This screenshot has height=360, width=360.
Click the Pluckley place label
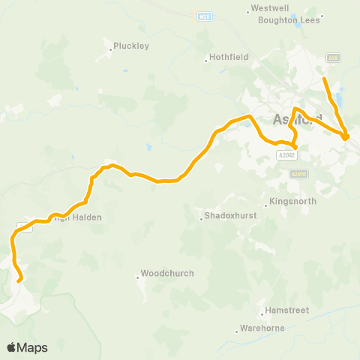131,46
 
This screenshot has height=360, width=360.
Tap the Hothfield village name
226,58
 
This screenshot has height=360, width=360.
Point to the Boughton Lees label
289,20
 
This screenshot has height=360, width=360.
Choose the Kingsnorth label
293,202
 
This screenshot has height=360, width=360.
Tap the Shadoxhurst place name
228,217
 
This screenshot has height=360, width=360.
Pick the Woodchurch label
168,274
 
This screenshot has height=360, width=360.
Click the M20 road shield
205,16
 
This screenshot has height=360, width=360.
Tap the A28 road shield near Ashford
334,57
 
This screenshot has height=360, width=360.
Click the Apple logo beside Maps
11,347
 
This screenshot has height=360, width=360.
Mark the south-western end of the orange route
20,280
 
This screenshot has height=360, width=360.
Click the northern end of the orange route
324,78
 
